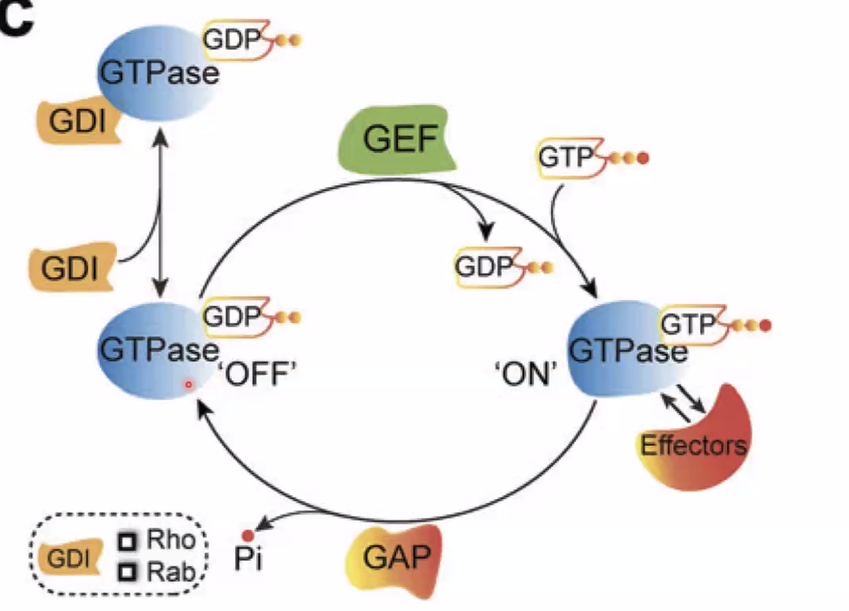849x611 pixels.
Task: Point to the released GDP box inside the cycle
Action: click(x=482, y=266)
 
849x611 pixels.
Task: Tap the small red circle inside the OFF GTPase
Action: click(x=189, y=385)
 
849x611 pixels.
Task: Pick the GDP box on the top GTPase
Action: click(x=233, y=38)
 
